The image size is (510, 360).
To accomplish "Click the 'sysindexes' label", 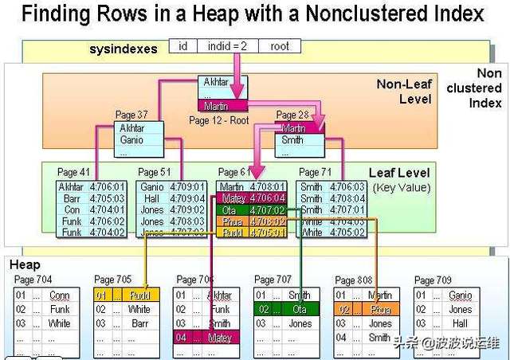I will point(124,49).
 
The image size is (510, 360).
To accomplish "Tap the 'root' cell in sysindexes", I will point(280,46).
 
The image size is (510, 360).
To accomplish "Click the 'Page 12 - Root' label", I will point(219,119).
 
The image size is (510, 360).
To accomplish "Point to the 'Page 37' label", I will point(131,115).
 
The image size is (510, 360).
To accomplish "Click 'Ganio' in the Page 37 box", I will point(131,140).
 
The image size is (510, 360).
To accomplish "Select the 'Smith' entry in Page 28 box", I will point(292,140).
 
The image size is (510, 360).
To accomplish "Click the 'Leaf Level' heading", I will point(399,173).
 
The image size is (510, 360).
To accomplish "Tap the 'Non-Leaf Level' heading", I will point(404,92).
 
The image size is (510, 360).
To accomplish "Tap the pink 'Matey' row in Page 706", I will point(206,337).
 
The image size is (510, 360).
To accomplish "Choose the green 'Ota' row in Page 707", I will point(286,309).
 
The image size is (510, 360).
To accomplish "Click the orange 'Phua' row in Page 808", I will point(366,309).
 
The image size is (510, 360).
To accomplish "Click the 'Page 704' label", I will point(33,280).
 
